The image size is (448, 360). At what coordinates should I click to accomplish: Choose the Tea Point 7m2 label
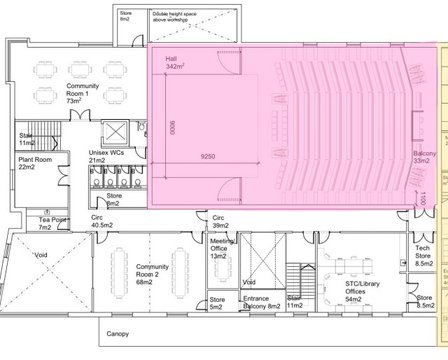point(53,223)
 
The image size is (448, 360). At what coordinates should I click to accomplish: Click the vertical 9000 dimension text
point(171,128)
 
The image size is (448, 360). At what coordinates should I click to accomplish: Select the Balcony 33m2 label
point(424,157)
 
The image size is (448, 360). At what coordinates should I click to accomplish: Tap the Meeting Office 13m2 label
point(222,249)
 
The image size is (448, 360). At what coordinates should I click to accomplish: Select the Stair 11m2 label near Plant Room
point(26,139)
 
